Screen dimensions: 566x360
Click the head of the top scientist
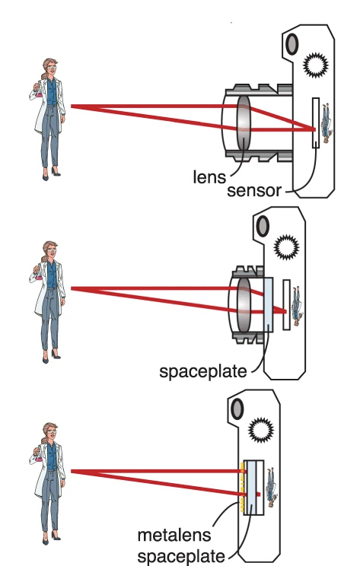tap(50, 66)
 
